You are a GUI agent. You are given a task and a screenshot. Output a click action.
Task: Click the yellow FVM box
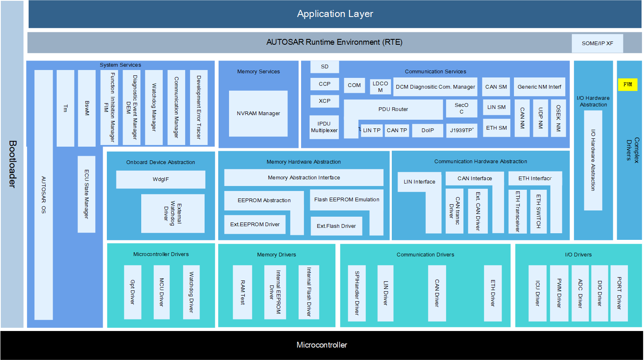(627, 85)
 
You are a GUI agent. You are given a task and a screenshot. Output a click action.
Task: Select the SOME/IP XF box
(597, 43)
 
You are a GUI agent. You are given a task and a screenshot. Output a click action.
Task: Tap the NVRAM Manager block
(258, 114)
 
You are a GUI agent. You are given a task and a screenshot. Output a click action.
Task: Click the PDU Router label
(393, 109)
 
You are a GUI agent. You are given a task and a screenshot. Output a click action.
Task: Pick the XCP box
(324, 101)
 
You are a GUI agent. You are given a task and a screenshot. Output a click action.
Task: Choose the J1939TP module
(462, 130)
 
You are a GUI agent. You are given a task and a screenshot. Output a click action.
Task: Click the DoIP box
(427, 130)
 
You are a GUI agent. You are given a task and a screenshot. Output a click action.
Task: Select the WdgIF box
(161, 179)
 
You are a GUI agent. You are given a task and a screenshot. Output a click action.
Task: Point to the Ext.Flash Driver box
(336, 226)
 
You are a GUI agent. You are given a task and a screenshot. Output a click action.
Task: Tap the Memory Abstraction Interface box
(304, 178)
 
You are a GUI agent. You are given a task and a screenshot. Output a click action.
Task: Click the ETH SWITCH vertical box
(538, 211)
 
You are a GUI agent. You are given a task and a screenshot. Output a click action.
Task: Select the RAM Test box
(242, 292)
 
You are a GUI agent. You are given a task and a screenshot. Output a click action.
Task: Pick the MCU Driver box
(162, 292)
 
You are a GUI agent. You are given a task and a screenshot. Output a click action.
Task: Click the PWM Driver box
(559, 293)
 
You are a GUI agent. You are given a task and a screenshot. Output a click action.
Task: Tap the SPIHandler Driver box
(357, 293)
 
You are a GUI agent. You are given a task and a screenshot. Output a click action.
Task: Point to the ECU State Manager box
(87, 194)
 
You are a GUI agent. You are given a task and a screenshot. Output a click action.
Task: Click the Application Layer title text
(335, 14)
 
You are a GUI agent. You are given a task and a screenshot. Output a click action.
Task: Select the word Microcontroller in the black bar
(322, 345)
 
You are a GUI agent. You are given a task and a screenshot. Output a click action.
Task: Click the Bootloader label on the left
(12, 164)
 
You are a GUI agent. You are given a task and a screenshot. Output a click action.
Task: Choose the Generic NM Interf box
(539, 87)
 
